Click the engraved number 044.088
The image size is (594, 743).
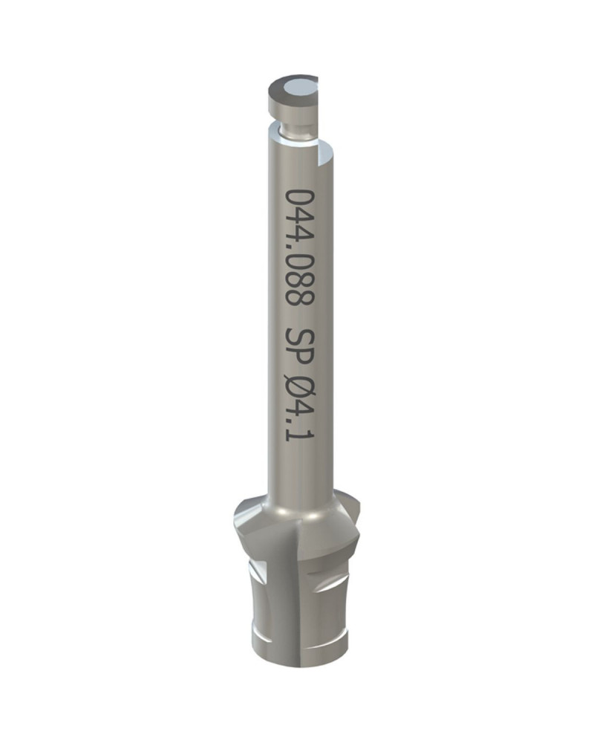click(299, 249)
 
